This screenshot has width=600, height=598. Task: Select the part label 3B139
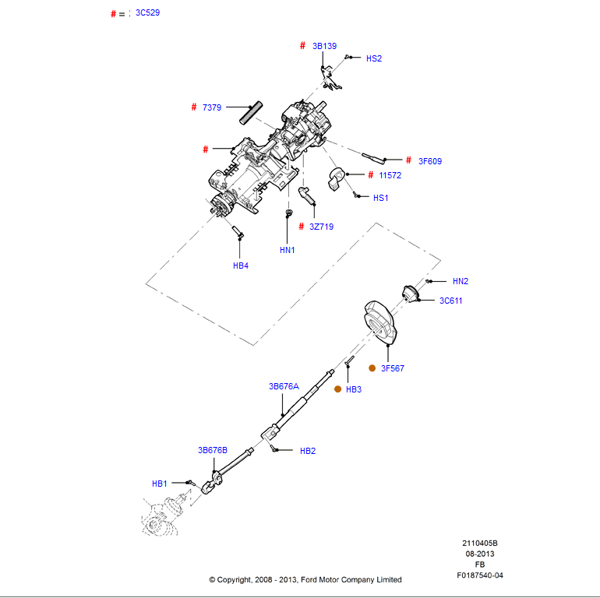click(324, 46)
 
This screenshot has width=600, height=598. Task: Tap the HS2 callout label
click(374, 58)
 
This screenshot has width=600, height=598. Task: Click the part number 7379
click(213, 107)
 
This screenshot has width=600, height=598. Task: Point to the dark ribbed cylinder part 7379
click(251, 113)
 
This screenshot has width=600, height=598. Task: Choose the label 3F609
click(429, 161)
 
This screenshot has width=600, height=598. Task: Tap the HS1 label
click(380, 198)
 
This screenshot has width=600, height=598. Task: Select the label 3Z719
click(321, 227)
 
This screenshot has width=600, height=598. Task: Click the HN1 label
click(288, 250)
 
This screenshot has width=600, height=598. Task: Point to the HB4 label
click(241, 266)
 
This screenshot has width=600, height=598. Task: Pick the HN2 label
click(461, 281)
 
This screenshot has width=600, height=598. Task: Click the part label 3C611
click(450, 301)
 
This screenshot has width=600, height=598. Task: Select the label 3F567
click(393, 368)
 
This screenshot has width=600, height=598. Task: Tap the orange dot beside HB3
click(337, 389)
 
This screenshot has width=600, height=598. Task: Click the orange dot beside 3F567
click(372, 368)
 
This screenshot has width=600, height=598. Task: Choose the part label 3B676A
click(284, 386)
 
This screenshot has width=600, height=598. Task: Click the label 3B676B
click(212, 450)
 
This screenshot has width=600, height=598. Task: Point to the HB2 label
click(307, 451)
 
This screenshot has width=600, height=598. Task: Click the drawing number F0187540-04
click(480, 575)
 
